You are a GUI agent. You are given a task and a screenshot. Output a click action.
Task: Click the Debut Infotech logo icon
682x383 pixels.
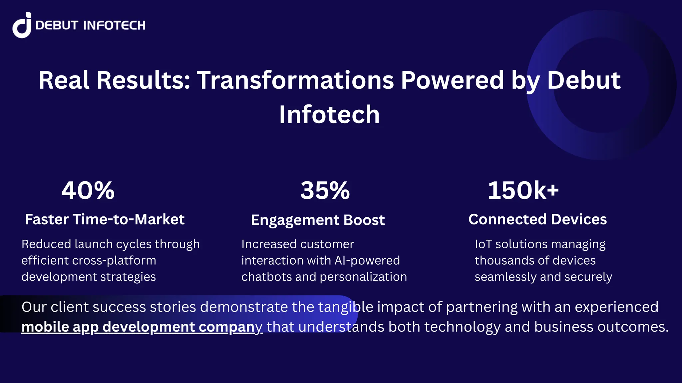22,25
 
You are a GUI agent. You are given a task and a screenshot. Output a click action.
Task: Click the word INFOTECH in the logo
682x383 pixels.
114,26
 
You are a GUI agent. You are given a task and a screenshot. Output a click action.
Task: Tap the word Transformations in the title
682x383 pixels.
295,80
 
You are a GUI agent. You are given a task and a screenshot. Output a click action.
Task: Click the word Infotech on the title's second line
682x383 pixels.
329,115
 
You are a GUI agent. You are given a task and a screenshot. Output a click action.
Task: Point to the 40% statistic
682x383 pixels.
88,191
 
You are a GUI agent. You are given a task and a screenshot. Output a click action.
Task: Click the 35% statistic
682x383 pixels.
325,191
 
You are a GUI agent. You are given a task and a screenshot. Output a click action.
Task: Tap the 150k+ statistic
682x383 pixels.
523,191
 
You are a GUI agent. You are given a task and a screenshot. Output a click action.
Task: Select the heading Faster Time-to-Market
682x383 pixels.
105,219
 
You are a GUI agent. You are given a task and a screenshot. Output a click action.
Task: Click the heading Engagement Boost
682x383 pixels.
318,220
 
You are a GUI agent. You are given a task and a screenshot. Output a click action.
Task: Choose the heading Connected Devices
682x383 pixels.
537,219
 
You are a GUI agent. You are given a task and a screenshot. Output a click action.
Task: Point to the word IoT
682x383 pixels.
483,244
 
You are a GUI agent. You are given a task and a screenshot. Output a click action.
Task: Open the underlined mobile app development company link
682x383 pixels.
142,327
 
